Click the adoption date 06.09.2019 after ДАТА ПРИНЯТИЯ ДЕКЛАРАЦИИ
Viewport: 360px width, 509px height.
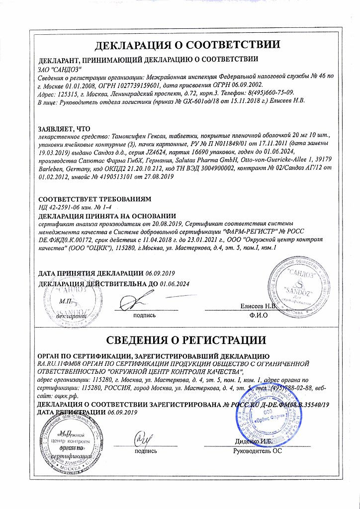[161, 273]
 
